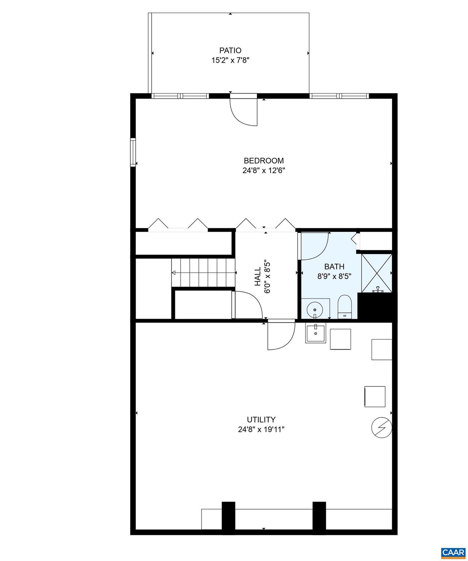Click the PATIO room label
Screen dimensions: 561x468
coord(230,50)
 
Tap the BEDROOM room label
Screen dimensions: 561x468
coord(264,161)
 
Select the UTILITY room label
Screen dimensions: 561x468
coord(261,420)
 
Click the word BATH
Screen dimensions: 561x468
coord(334,267)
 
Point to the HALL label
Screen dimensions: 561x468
coord(258,276)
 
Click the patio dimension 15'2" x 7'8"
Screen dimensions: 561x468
coord(230,60)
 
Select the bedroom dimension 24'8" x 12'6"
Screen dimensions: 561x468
coord(264,170)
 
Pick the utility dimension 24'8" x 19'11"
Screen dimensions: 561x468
coord(261,430)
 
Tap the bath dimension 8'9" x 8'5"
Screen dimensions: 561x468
coord(334,276)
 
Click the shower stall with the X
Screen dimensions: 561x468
coord(376,273)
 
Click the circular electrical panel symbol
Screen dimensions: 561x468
coord(381,427)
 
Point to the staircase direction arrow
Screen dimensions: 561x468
coord(174,272)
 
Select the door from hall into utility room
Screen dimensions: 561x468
coord(281,335)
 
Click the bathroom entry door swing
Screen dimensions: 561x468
coord(314,246)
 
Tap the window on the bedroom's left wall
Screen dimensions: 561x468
coord(133,152)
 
